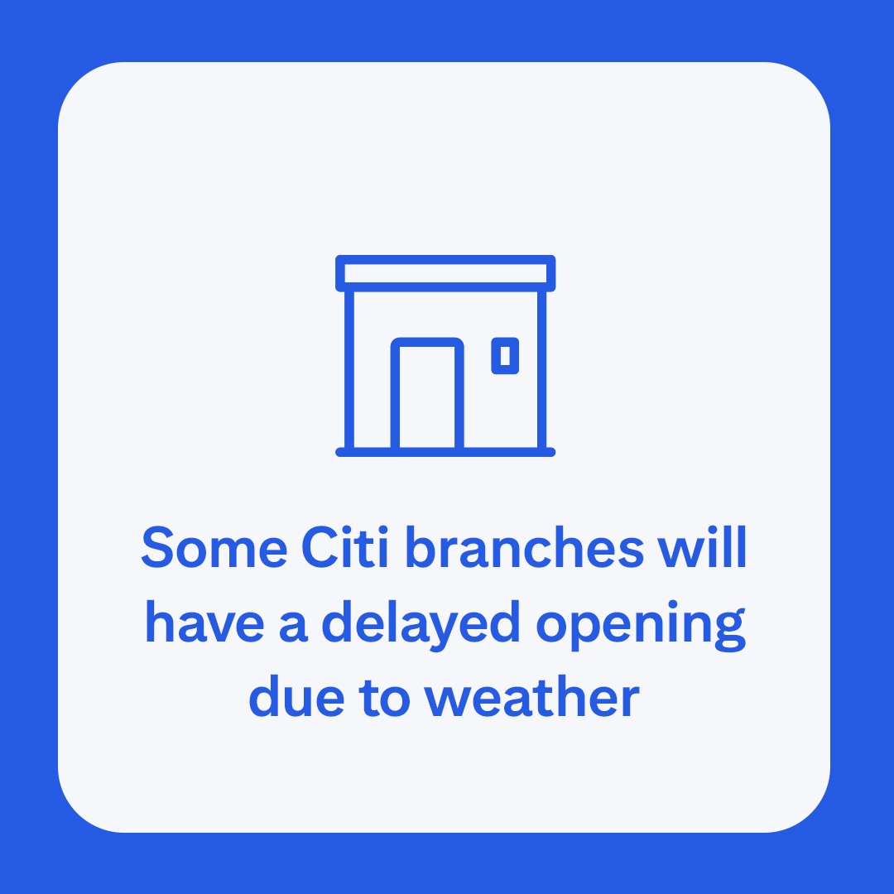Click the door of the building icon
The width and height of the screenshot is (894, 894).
(427, 396)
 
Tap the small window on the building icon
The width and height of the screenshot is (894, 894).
(505, 356)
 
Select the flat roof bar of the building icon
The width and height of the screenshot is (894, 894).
(445, 273)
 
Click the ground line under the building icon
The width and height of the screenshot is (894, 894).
(445, 452)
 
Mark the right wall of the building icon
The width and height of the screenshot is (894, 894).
(542, 368)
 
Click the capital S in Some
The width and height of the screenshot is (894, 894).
(159, 548)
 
